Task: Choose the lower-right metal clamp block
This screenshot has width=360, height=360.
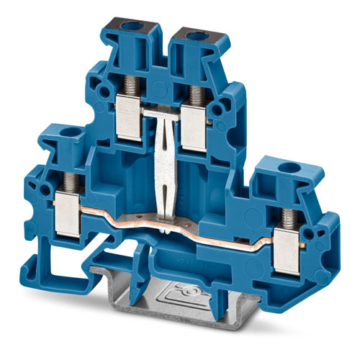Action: click(x=291, y=242)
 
